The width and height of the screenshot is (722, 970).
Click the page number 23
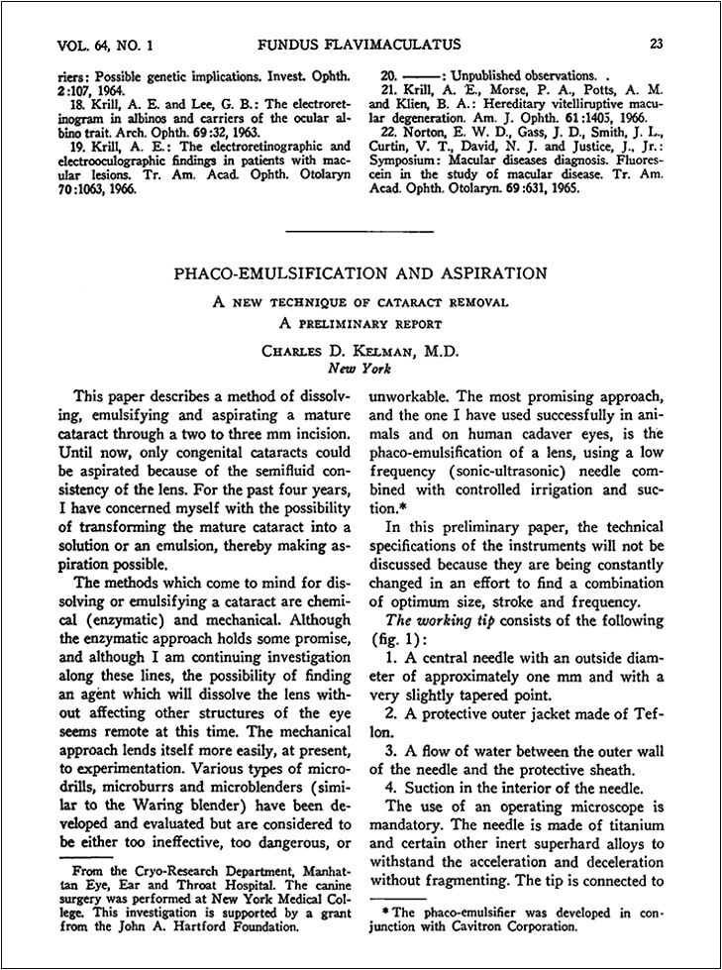pyautogui.click(x=657, y=43)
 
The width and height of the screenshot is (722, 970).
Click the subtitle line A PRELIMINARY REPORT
pyautogui.click(x=361, y=322)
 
